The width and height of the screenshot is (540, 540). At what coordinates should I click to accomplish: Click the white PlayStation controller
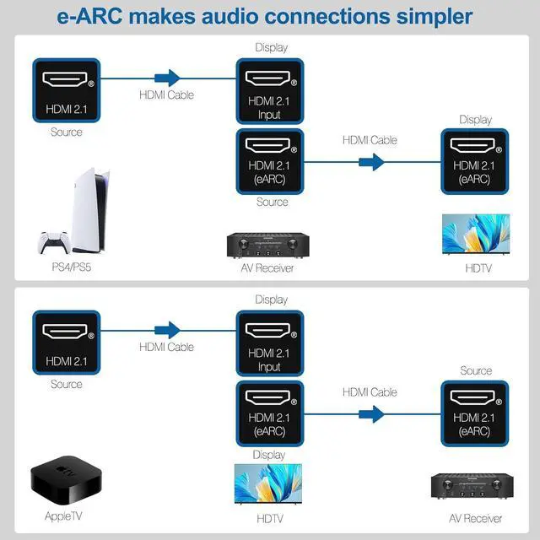click(53, 243)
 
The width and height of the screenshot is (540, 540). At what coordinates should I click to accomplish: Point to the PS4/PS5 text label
click(67, 268)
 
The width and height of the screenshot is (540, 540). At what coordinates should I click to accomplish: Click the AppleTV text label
click(65, 516)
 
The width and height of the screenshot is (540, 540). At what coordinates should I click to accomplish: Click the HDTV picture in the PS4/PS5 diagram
click(476, 234)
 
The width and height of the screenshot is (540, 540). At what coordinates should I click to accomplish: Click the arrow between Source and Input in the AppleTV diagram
click(169, 330)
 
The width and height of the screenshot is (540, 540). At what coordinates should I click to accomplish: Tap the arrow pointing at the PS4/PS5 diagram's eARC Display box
click(371, 161)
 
